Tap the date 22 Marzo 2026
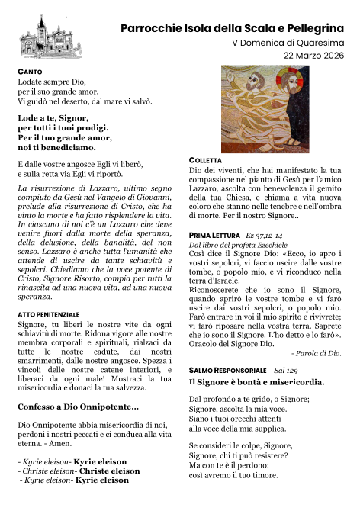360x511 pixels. coord(313,56)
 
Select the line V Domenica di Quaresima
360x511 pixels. coord(288,43)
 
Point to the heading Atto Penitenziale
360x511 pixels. coord(48,314)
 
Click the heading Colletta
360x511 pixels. coord(208,159)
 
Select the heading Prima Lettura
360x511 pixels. coord(213,236)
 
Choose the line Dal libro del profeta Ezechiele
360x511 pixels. coord(237,246)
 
